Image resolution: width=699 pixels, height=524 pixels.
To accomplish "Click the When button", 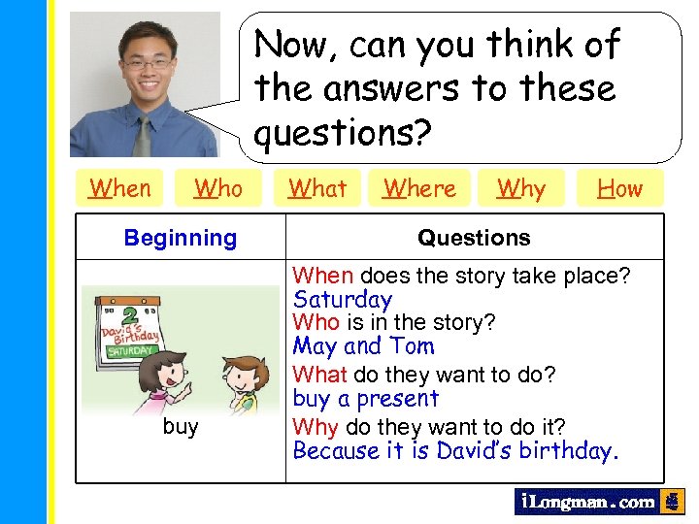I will [120, 188].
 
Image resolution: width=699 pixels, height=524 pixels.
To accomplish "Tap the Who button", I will [218, 188].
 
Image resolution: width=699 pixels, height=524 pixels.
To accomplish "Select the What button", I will [317, 188].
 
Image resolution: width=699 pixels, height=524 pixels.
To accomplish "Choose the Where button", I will [419, 188].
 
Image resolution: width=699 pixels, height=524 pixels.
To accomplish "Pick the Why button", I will [521, 188].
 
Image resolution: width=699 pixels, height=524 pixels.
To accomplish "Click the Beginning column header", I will [181, 238].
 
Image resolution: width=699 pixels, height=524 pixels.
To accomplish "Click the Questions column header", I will [474, 238].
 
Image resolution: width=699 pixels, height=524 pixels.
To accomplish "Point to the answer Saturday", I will [343, 300].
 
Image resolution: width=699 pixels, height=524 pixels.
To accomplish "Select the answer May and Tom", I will [364, 346].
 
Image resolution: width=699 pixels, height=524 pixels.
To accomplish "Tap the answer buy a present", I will [366, 399].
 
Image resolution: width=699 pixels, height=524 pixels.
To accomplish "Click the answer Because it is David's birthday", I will [455, 451].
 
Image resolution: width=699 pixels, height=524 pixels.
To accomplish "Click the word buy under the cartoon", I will [181, 427].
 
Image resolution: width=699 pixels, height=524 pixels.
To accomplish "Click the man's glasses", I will [148, 64].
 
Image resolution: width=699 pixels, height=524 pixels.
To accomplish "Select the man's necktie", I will [143, 137].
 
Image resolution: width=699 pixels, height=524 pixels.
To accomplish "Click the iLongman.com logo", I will [586, 502].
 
